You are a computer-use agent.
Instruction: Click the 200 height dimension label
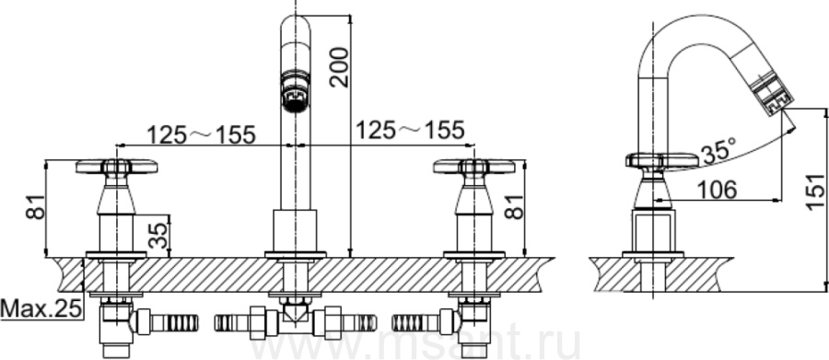(x=339, y=67)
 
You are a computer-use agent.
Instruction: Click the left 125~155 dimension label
(x=201, y=134)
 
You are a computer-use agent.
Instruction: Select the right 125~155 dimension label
(x=410, y=130)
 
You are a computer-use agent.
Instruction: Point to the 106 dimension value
(x=717, y=189)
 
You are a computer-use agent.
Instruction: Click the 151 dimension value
(x=816, y=192)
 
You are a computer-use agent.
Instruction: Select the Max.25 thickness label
(x=41, y=308)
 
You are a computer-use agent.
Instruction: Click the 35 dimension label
(x=158, y=235)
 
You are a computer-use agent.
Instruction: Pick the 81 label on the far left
(x=36, y=206)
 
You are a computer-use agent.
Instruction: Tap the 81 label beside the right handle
(x=513, y=206)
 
